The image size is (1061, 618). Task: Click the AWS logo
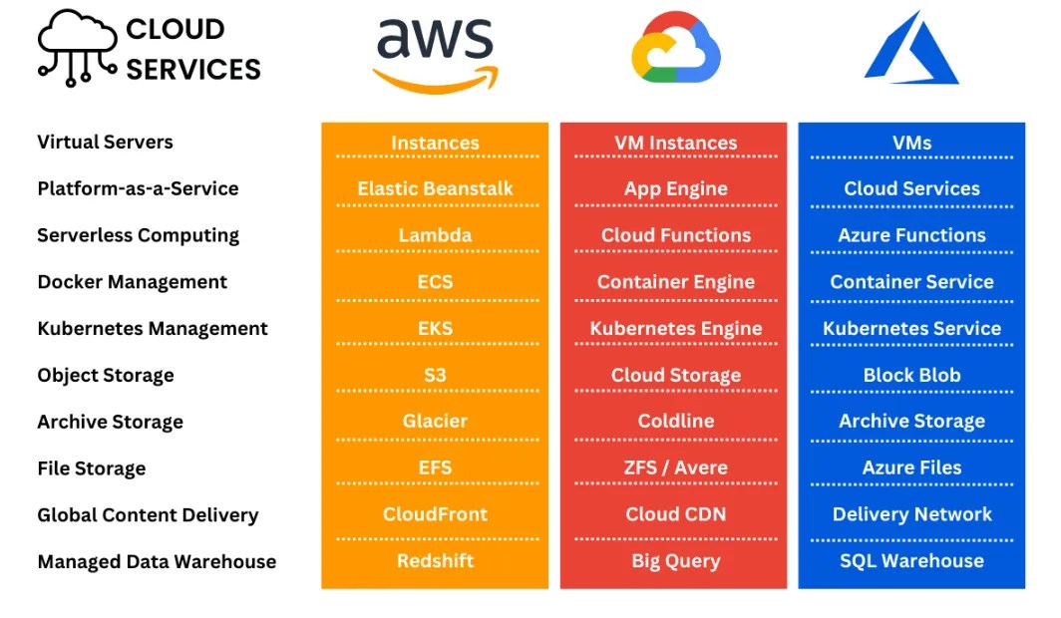(x=435, y=54)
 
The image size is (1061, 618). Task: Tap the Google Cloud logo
(x=675, y=49)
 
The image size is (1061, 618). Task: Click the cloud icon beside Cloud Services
(x=78, y=47)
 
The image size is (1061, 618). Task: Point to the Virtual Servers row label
(x=105, y=142)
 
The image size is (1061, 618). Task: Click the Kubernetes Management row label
(x=153, y=328)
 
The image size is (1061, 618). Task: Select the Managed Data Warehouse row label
(x=157, y=561)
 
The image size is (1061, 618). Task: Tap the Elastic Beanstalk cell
(x=435, y=188)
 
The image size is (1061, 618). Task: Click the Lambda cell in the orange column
(x=435, y=235)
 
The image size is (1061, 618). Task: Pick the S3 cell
(x=435, y=375)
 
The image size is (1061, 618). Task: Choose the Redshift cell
(x=435, y=560)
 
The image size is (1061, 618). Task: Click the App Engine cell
(x=675, y=188)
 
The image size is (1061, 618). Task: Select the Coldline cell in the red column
(x=675, y=421)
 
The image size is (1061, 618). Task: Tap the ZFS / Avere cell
(x=675, y=467)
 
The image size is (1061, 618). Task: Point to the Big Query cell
(x=675, y=560)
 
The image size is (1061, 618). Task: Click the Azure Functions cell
(x=911, y=235)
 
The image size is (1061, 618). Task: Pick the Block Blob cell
(x=911, y=375)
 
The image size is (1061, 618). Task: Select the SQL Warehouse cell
(x=911, y=560)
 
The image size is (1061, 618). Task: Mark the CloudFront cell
(x=435, y=514)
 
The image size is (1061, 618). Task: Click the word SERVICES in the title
(x=193, y=70)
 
